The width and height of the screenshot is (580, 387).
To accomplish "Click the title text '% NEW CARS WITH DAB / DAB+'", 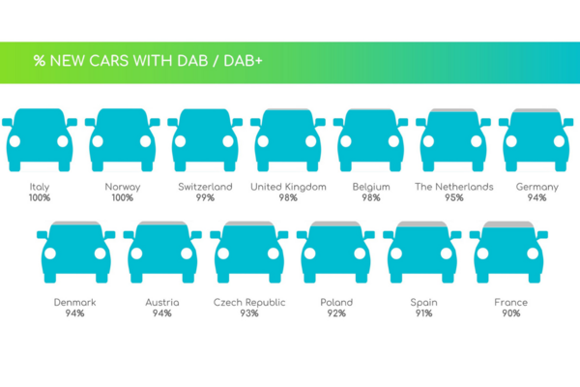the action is click(148, 61).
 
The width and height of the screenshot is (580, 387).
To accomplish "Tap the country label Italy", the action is click(40, 187).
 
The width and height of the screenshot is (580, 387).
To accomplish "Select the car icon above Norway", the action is click(123, 139).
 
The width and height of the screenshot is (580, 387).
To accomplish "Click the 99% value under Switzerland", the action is click(205, 197).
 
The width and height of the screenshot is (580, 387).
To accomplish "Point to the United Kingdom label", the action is click(288, 187).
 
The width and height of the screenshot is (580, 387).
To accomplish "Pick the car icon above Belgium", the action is click(370, 139).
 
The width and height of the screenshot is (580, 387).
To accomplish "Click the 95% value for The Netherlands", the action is click(454, 197).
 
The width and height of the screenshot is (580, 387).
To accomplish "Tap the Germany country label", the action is click(536, 187).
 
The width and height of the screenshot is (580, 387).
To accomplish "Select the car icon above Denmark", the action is click(75, 253).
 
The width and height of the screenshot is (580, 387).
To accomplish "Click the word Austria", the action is click(162, 302).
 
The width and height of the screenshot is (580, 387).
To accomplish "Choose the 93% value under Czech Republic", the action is click(249, 313).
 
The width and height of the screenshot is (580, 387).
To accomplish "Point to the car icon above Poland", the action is click(335, 253).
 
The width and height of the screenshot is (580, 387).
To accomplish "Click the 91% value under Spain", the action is click(424, 313).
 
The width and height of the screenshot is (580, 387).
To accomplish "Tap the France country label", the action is click(510, 302).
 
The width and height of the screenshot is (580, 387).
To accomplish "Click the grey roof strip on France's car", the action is click(508, 224).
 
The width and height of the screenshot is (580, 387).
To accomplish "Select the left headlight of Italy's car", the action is click(14, 141).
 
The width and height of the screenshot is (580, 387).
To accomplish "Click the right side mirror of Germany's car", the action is click(568, 122).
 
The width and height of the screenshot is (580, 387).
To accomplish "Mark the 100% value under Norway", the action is click(123, 197).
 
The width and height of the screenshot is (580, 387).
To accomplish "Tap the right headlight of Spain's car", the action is click(446, 253).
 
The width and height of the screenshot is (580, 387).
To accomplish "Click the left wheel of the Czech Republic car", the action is click(223, 278).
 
